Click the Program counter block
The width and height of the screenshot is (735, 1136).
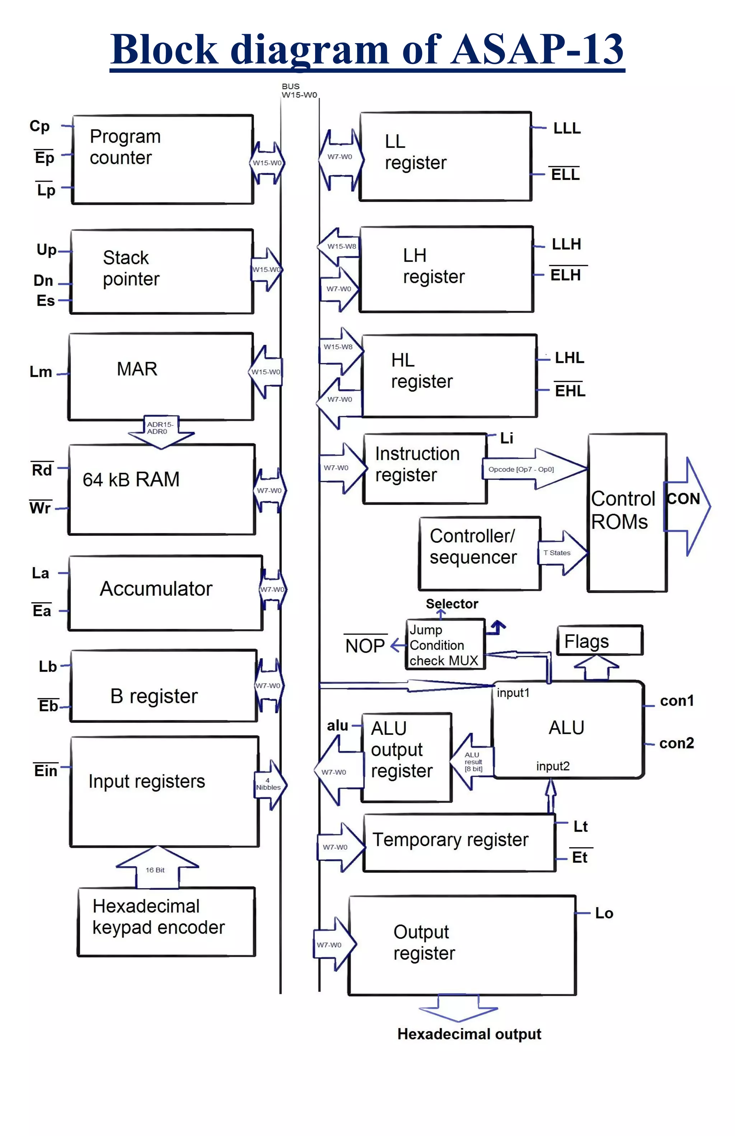click(162, 159)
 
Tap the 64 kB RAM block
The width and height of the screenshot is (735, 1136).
click(162, 489)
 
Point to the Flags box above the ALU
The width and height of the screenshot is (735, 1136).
click(599, 641)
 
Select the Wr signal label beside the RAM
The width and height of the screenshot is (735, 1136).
click(40, 508)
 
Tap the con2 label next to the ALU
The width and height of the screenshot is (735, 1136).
click(676, 743)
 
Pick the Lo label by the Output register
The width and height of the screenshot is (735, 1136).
click(604, 913)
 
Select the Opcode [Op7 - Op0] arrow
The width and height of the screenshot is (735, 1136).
click(534, 469)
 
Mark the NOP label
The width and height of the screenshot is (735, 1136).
click(365, 646)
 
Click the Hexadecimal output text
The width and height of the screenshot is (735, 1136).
click(469, 1034)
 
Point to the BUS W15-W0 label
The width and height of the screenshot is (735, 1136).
click(298, 91)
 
